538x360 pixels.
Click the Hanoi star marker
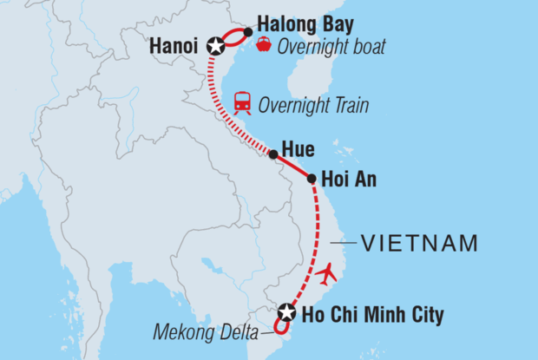pos(215,46)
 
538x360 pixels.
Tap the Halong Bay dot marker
pos(248,32)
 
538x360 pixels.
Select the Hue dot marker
pos(273,155)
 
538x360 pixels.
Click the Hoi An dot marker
pos(312,179)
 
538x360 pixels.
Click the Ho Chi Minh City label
pos(371,315)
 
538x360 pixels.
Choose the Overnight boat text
pos(331,46)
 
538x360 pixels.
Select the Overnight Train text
pos(315,105)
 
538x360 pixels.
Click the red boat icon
pos(263,44)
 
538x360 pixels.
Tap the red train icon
pos(244,103)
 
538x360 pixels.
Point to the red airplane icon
pos(328,274)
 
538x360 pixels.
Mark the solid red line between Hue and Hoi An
pos(292,167)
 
